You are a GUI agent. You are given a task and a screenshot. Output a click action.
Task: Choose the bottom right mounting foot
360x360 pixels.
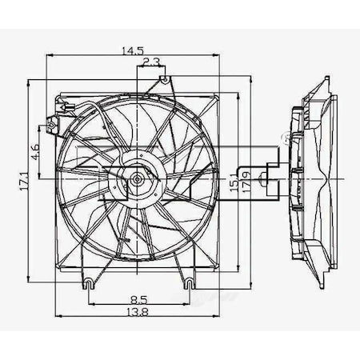point(188,282)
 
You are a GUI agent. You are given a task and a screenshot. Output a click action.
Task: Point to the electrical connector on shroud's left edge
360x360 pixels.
point(54,125)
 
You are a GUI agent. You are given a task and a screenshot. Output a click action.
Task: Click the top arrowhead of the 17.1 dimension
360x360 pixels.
point(28,81)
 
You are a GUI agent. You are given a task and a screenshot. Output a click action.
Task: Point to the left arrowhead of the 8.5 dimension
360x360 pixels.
point(90,306)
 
